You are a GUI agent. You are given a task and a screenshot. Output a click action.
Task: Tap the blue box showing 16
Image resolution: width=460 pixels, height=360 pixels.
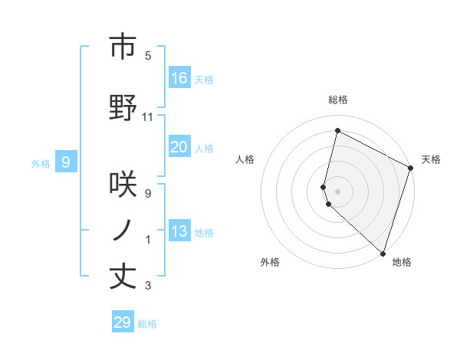[179, 78]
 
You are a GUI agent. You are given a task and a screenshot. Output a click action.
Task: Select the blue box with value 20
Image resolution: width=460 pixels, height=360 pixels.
[179, 147]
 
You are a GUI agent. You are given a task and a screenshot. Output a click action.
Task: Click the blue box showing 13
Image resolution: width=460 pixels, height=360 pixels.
[179, 231]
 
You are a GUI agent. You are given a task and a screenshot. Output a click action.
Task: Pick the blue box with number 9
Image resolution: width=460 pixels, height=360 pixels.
[67, 162]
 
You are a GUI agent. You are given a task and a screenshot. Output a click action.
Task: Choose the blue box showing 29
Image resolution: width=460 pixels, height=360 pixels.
[123, 322]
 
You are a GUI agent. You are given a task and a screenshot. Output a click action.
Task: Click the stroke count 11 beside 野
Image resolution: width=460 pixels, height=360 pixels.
[149, 117]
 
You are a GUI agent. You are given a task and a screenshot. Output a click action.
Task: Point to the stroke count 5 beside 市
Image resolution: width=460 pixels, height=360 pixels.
[148, 56]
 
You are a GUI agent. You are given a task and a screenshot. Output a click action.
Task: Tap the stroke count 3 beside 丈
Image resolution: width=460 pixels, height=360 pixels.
[148, 286]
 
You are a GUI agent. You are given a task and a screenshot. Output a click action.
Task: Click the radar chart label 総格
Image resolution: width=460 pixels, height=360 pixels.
[338, 100]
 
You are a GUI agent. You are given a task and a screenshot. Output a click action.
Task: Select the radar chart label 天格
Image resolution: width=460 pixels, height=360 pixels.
[431, 159]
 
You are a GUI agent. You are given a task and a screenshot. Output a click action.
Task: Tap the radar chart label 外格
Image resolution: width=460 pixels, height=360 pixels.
[270, 262]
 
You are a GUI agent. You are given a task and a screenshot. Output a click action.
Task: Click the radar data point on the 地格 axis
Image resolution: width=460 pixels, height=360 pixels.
[383, 253]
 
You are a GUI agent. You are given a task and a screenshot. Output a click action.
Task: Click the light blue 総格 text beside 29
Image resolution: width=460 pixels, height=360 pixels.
[147, 324]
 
